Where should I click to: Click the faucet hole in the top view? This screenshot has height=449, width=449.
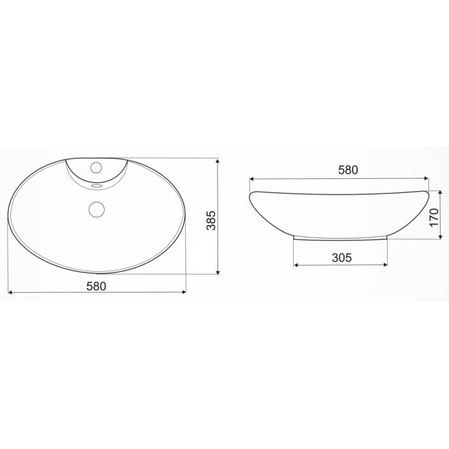click(96, 167)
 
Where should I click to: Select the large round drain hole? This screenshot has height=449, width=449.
click(96, 208)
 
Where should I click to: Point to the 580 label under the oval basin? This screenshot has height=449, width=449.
click(96, 286)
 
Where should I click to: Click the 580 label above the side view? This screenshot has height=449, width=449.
click(347, 171)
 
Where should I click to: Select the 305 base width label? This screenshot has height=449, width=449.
click(341, 258)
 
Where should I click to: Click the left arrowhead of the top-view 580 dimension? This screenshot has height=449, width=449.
click(10, 292)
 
